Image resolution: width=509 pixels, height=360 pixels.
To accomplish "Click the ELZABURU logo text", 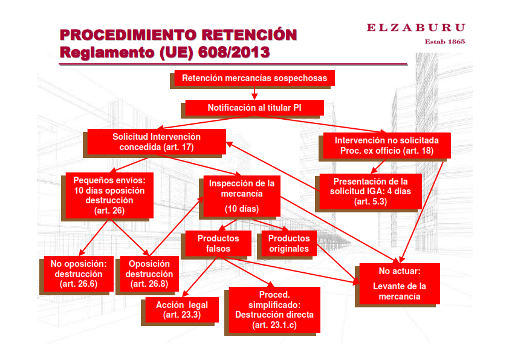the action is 416,27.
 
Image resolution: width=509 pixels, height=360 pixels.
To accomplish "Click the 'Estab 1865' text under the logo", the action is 445,42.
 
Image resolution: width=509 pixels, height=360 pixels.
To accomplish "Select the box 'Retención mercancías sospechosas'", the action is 254,78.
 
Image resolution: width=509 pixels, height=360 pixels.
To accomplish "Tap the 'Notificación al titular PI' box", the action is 254,108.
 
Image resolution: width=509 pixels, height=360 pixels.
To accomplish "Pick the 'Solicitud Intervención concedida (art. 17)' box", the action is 157,142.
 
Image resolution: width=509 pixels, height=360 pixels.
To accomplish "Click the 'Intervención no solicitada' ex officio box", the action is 387,145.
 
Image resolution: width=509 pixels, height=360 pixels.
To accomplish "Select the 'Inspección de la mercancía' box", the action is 241,196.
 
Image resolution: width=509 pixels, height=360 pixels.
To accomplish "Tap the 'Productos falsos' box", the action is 218,243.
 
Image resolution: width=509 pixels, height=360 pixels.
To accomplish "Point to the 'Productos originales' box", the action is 289,243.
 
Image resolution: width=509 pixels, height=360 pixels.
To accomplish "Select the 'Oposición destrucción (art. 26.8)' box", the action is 149,273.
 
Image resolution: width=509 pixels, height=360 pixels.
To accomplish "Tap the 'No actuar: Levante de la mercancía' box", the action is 399,283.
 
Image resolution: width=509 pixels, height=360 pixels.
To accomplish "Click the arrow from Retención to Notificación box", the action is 254,93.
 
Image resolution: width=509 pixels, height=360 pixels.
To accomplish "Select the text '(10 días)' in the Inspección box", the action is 241,209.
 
